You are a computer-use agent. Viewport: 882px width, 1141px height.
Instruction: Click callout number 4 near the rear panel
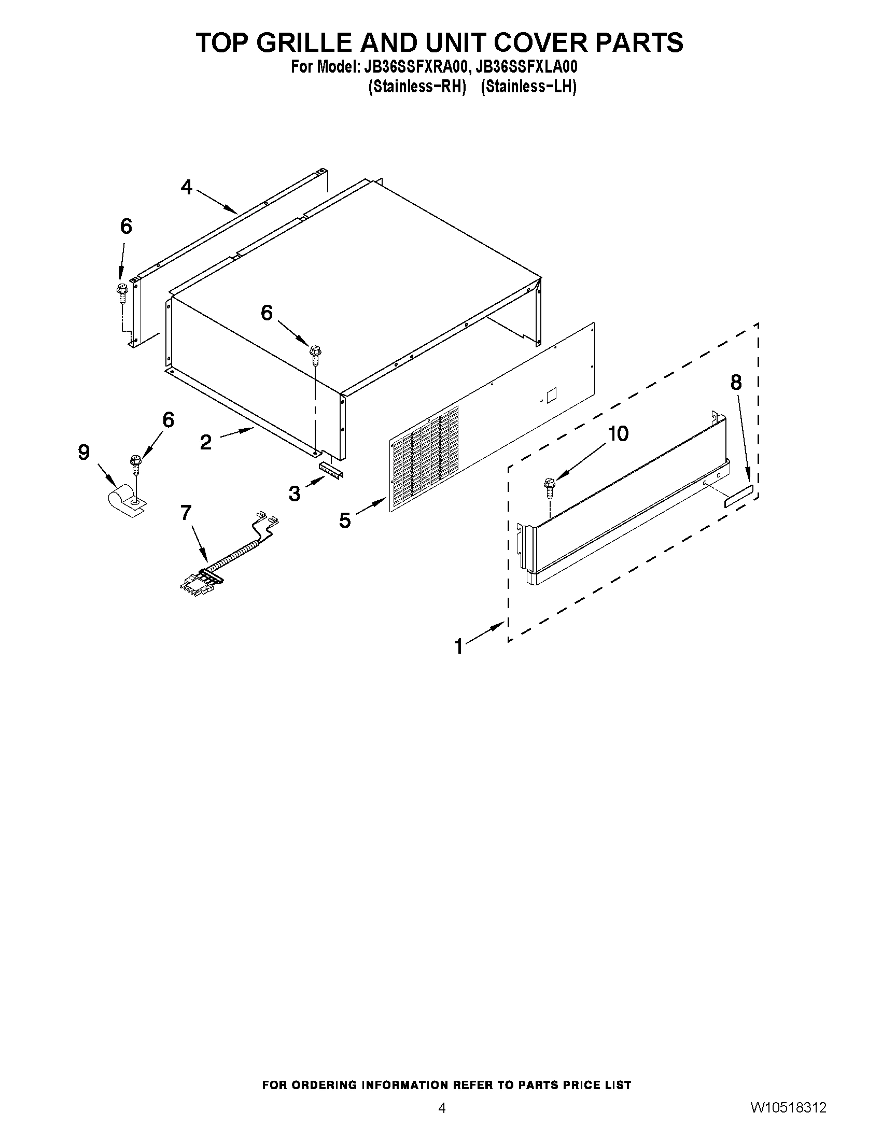click(187, 187)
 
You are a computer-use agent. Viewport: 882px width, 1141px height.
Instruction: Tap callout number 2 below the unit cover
click(206, 442)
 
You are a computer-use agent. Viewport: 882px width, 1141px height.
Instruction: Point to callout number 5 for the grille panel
click(345, 520)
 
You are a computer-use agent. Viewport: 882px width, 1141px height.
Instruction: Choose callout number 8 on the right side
click(736, 383)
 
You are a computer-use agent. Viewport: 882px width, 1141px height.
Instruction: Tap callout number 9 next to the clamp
click(84, 453)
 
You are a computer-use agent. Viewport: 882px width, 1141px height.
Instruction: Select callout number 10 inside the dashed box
click(619, 433)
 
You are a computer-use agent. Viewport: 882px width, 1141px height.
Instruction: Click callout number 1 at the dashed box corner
click(459, 646)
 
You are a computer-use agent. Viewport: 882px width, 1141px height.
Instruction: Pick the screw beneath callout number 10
click(549, 485)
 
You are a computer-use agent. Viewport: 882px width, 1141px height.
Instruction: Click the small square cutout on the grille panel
click(552, 395)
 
